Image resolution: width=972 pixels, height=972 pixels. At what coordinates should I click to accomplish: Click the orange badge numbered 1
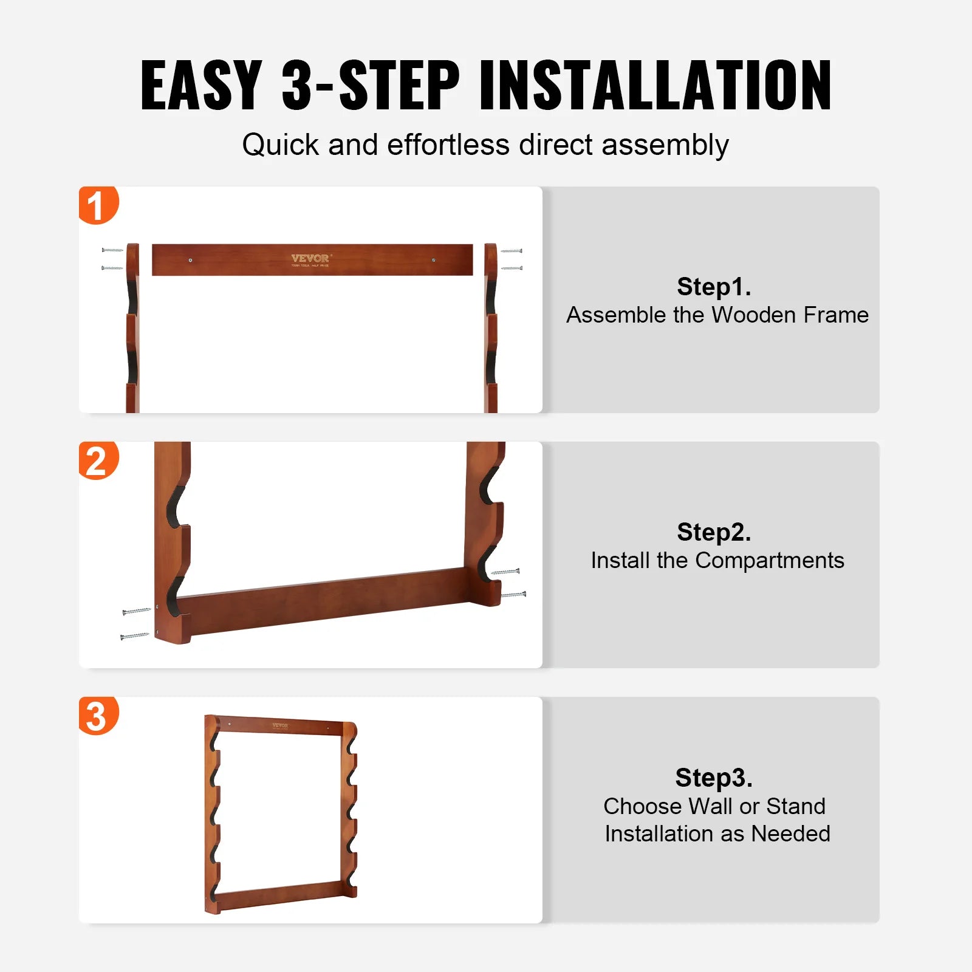[97, 205]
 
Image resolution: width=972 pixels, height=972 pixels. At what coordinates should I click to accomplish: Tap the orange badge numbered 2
[97, 460]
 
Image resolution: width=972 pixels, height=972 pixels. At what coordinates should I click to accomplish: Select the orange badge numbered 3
[97, 716]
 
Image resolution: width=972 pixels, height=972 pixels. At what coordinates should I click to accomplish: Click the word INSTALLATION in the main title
[655, 86]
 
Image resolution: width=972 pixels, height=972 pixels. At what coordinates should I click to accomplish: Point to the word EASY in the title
[201, 86]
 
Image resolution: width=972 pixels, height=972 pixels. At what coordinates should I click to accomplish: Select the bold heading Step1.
[714, 286]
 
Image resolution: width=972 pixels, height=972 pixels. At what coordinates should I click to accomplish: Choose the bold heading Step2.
[714, 532]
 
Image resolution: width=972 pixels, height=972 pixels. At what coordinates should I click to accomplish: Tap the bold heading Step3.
[714, 777]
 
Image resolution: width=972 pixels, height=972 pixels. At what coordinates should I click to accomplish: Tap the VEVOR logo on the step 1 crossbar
[310, 259]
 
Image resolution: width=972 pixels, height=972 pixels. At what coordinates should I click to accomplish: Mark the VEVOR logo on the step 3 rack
[280, 725]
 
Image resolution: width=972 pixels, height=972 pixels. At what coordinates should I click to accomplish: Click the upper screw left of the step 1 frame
[112, 250]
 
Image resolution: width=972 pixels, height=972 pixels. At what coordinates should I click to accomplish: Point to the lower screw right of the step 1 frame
[512, 268]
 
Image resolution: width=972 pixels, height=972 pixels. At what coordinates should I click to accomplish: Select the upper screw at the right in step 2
[505, 572]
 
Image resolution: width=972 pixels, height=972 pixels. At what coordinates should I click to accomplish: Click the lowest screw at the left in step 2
[134, 636]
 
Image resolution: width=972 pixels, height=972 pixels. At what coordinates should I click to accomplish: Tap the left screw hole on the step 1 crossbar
[191, 260]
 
